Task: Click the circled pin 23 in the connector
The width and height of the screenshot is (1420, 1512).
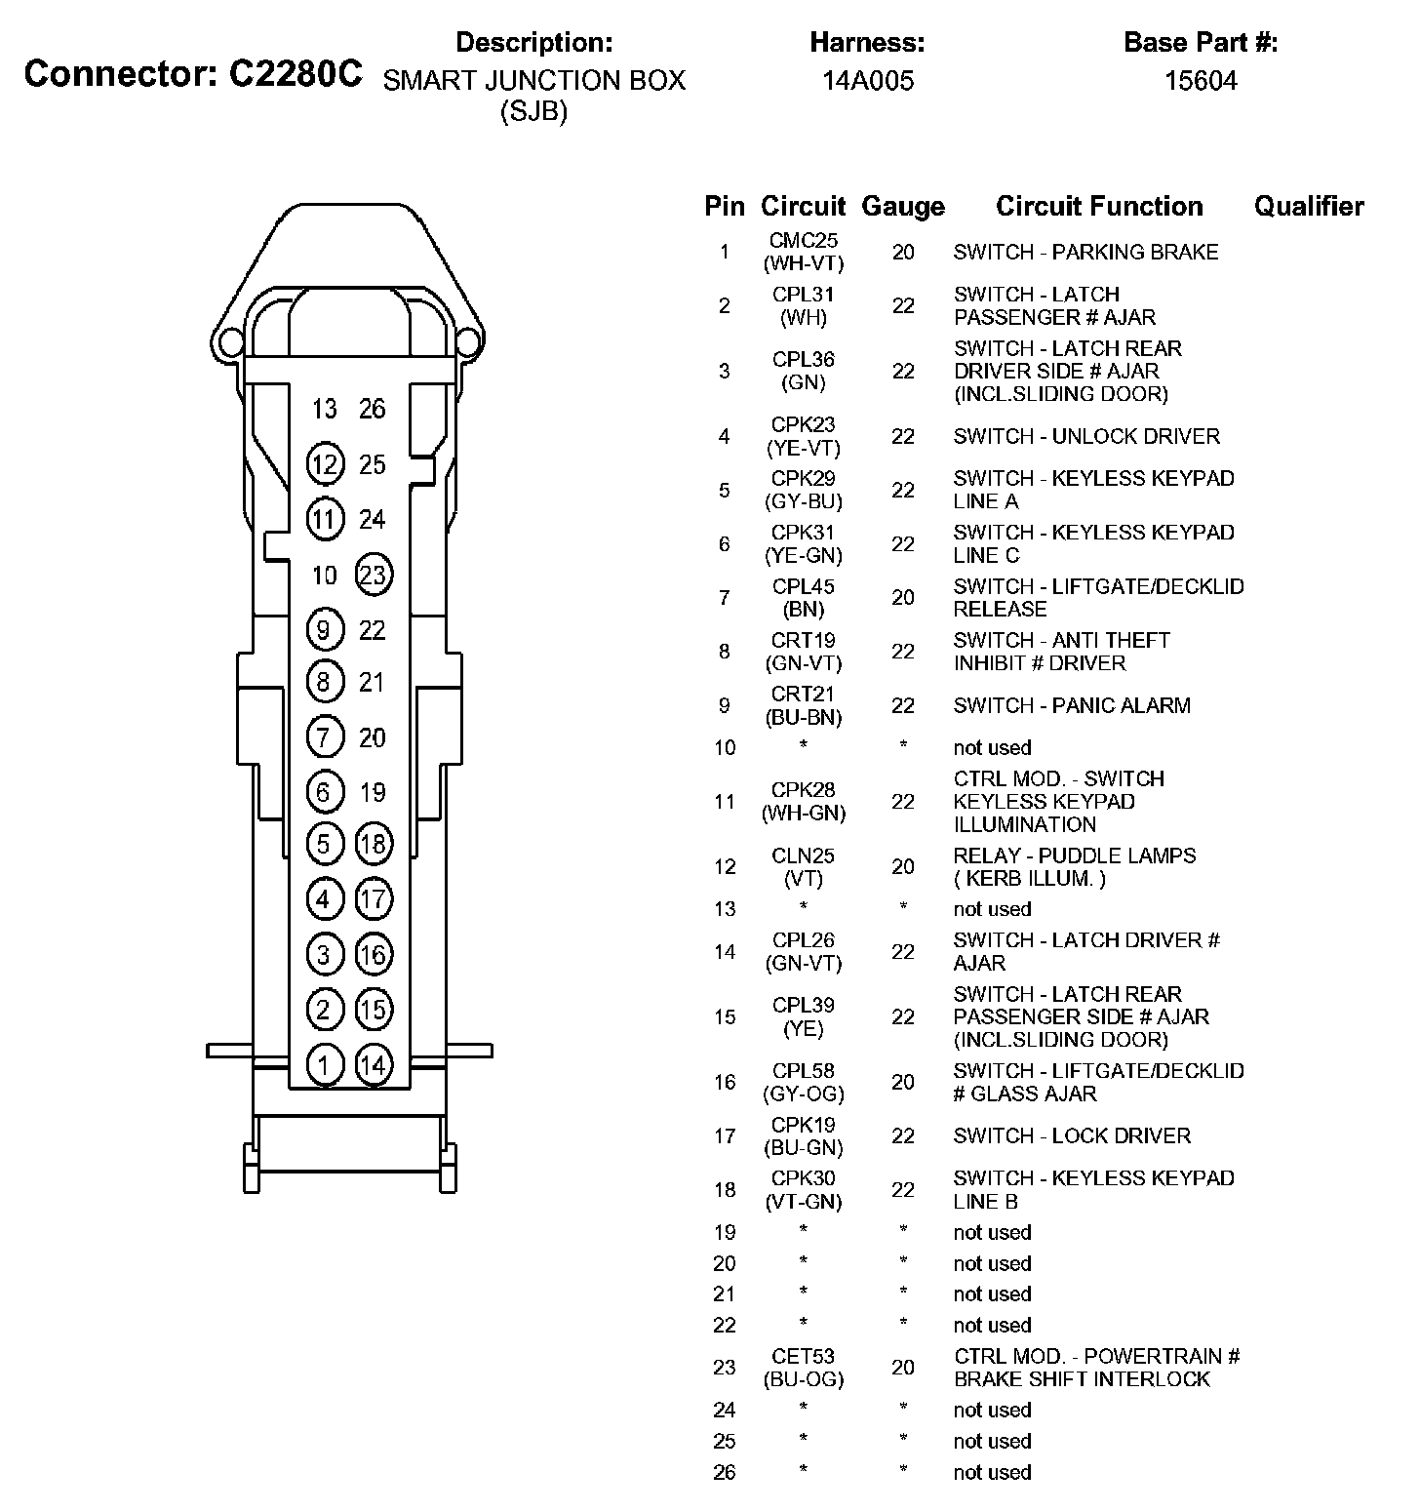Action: click(x=374, y=575)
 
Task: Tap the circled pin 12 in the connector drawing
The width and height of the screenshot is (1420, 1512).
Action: click(x=324, y=464)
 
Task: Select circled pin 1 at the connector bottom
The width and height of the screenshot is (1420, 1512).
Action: click(x=324, y=1064)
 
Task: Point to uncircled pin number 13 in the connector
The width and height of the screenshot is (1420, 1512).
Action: click(x=324, y=409)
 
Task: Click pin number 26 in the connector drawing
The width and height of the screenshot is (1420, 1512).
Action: click(x=373, y=409)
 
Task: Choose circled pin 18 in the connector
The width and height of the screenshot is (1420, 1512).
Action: click(x=374, y=844)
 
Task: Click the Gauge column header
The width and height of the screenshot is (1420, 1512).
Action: click(x=903, y=207)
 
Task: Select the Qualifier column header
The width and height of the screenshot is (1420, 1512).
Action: click(x=1309, y=207)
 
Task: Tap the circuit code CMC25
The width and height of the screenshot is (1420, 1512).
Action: click(x=804, y=241)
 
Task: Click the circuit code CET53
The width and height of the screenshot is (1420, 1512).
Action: click(x=804, y=1356)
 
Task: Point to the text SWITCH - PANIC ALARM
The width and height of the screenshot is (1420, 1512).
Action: click(x=1072, y=705)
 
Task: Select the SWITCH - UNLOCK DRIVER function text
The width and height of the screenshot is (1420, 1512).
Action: click(x=1086, y=436)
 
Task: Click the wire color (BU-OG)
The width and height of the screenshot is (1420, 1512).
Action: click(x=804, y=1379)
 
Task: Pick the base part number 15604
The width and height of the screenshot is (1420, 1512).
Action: click(x=1201, y=81)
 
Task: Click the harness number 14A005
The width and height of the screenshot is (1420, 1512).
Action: click(x=868, y=81)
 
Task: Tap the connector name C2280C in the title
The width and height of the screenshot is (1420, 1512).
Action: click(x=296, y=74)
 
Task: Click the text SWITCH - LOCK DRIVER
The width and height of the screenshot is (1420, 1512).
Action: click(x=1072, y=1135)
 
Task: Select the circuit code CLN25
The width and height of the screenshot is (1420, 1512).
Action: click(x=804, y=855)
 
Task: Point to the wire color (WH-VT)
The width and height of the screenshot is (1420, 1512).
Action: click(x=804, y=263)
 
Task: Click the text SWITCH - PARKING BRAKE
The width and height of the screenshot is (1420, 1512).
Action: click(x=1085, y=253)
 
